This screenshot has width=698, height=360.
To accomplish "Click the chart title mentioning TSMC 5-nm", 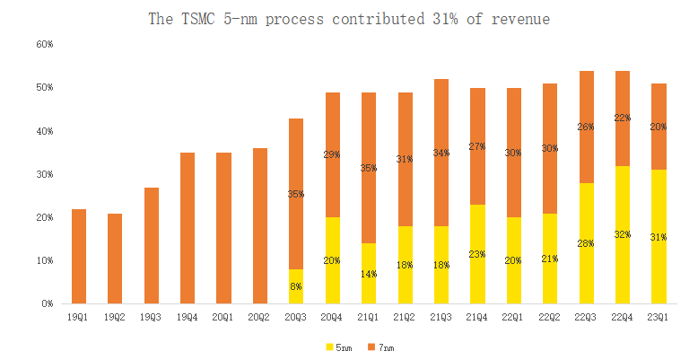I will pyautogui.click(x=349, y=18).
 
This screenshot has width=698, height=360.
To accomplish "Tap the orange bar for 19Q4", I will pyautogui.click(x=187, y=228).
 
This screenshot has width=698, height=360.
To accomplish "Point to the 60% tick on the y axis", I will pyautogui.click(x=44, y=44).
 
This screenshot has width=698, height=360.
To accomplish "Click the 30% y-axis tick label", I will pyautogui.click(x=44, y=174).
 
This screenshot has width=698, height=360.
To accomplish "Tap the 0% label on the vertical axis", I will pyautogui.click(x=47, y=304).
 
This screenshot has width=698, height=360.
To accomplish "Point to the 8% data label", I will pyautogui.click(x=295, y=286).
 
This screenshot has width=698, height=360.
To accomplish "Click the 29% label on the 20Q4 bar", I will pyautogui.click(x=331, y=154).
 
